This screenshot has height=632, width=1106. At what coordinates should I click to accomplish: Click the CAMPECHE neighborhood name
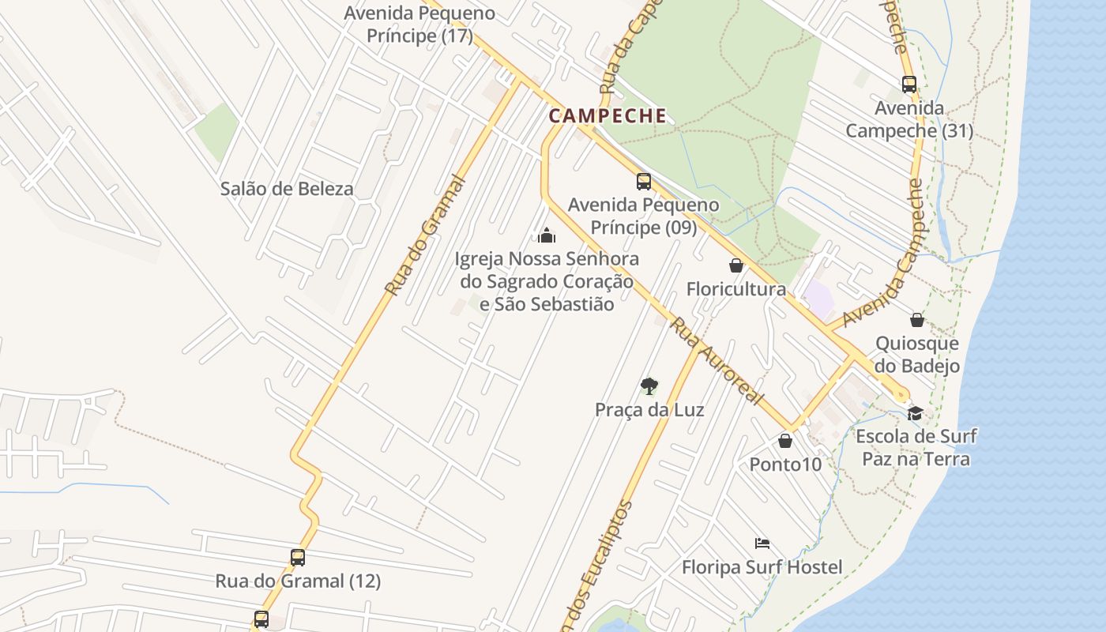[608, 115]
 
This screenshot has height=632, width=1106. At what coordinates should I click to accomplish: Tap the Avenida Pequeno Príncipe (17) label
[419, 24]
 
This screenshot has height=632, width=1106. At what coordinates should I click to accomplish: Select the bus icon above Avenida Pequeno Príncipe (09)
[644, 182]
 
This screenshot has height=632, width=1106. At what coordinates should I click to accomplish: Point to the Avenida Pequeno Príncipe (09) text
[644, 216]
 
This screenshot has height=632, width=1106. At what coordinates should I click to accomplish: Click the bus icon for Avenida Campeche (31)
[909, 85]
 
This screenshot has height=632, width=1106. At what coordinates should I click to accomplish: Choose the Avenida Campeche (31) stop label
[909, 119]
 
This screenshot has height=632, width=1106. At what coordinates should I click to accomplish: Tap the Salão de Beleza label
[287, 189]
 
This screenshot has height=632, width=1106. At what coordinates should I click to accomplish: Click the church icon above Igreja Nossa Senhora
[546, 235]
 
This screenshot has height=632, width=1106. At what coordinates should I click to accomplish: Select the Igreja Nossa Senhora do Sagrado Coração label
[547, 281]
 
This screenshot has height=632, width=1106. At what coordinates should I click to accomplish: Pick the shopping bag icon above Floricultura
[736, 265]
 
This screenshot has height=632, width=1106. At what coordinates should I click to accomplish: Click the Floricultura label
[736, 289]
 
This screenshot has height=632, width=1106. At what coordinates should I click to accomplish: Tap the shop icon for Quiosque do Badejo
[917, 320]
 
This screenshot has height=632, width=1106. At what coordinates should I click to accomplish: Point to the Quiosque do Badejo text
[917, 355]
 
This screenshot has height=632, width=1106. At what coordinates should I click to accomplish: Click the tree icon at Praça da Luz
[649, 386]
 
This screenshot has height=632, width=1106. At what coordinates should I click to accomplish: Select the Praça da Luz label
[649, 410]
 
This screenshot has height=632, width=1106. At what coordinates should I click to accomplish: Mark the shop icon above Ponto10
[785, 441]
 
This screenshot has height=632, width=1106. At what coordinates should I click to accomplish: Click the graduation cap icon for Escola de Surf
[916, 413]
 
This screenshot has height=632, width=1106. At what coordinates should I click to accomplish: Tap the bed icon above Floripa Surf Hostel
[762, 544]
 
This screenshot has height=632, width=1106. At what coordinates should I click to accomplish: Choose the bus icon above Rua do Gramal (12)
[298, 558]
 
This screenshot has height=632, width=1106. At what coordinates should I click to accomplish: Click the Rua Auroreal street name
[717, 361]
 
